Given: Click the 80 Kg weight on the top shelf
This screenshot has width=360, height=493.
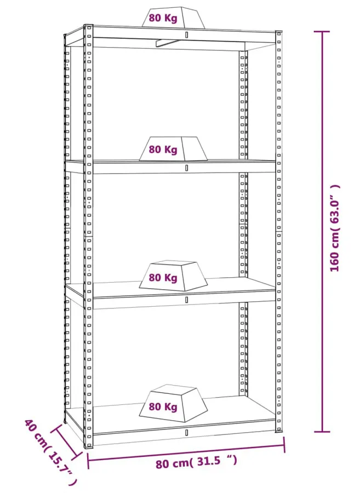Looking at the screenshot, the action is point(173,18).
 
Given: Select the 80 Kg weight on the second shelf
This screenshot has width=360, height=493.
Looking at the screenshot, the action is point(173,148).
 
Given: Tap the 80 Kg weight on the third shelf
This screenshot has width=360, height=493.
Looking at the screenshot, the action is point(173,276).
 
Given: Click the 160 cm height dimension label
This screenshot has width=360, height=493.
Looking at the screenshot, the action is point(335,228).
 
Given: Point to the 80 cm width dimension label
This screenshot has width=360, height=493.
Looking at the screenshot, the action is point(196,462).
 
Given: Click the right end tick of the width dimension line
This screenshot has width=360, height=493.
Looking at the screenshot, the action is point(284,445).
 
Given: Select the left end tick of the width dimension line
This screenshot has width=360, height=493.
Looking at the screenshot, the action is point(88,460).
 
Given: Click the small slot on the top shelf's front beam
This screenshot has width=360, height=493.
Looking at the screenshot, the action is point(186,35).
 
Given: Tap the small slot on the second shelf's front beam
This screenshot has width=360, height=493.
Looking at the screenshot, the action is point(186,168).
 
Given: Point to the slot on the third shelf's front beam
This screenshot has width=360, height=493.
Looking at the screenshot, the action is point(186,300).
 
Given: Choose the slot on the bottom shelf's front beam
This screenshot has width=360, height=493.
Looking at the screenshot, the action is point(186,432).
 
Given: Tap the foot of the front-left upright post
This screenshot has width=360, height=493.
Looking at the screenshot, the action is point(88,445).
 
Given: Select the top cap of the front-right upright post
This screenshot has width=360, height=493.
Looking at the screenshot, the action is point(278,32).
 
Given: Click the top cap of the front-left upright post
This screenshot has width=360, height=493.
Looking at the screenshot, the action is point(88,25).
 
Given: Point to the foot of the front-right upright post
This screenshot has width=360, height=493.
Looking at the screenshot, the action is point(279,430).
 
